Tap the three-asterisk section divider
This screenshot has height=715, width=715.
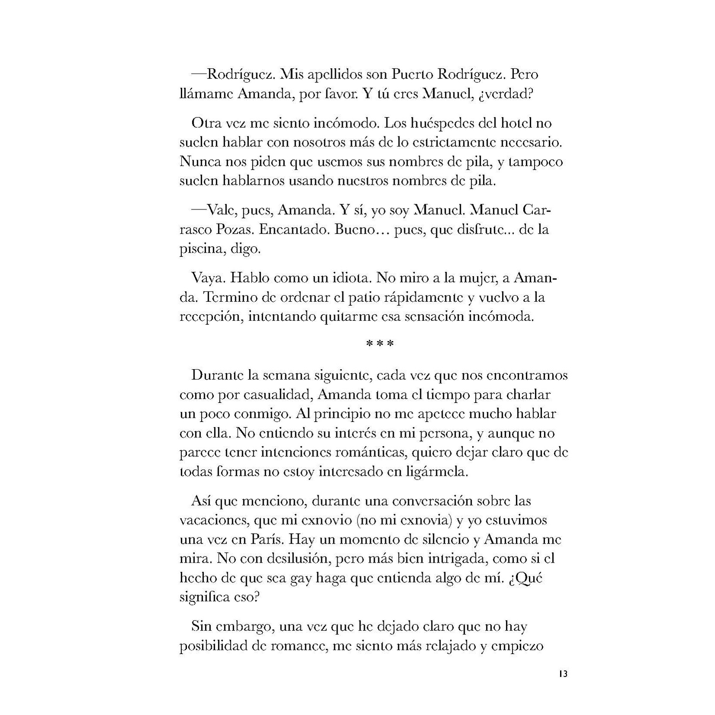(380, 345)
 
